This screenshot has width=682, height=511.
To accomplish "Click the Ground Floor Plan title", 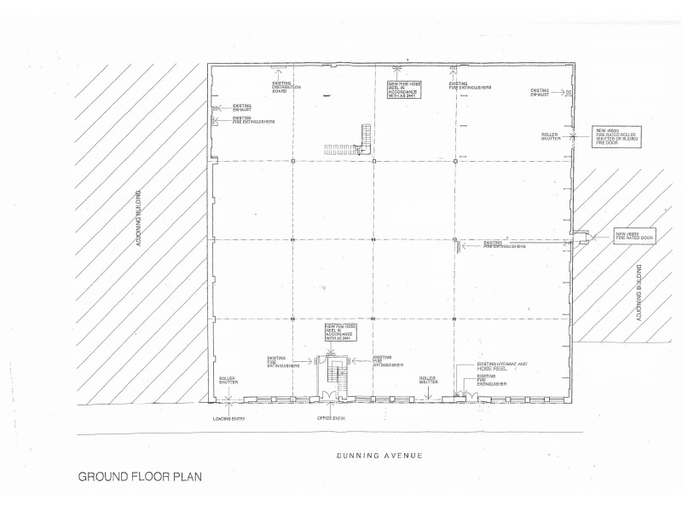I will (141, 478).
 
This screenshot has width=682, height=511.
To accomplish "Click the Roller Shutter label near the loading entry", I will (228, 379).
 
